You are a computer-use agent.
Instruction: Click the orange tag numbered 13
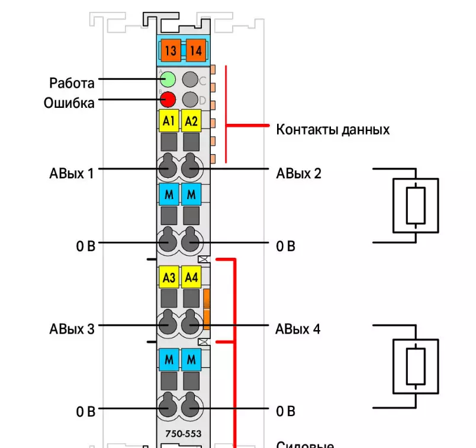pos(171,51)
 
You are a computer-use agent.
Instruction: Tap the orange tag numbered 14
pos(195,51)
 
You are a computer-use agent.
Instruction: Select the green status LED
pos(168,79)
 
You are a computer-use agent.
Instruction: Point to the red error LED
pos(168,100)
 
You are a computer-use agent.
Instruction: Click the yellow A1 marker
pos(169,121)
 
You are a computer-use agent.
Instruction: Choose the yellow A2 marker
pos(191,121)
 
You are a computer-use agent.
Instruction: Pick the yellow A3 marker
pos(169,277)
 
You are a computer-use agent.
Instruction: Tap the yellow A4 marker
pos(191,277)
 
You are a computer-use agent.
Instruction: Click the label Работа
pos(72,82)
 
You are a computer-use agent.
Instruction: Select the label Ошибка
pos(69,103)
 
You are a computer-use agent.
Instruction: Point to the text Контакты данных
pos(333,129)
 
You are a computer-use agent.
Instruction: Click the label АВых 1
pos(72,174)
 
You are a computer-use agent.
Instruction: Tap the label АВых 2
pos(298,174)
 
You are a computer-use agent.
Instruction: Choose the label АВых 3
pos(72,329)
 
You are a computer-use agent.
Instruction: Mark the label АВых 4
pos(298,329)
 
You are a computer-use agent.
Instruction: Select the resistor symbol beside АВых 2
pos(417,204)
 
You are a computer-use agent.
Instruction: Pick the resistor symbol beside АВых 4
pos(416,366)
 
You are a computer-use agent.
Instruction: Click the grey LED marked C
pos(191,79)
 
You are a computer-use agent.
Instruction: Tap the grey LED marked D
pos(191,99)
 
